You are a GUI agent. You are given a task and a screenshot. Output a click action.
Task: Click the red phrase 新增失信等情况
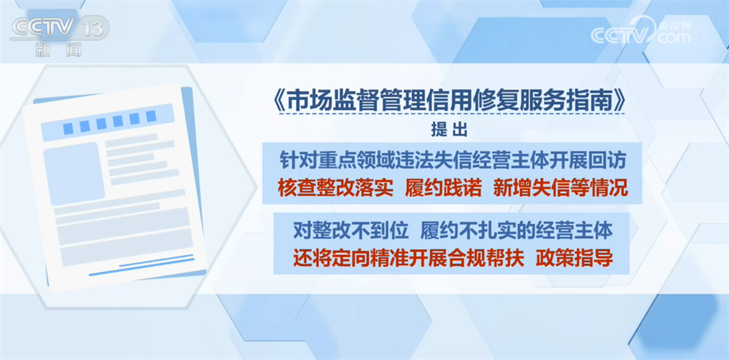click(x=560, y=189)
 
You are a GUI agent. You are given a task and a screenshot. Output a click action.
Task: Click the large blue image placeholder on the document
click(x=74, y=173)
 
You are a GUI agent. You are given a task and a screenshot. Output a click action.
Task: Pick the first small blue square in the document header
click(x=69, y=128)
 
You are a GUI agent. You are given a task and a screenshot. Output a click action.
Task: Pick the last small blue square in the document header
click(x=151, y=116)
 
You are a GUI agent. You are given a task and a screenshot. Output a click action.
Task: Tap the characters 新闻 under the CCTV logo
click(x=58, y=50)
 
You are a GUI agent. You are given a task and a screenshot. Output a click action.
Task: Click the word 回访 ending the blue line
click(x=609, y=161)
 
